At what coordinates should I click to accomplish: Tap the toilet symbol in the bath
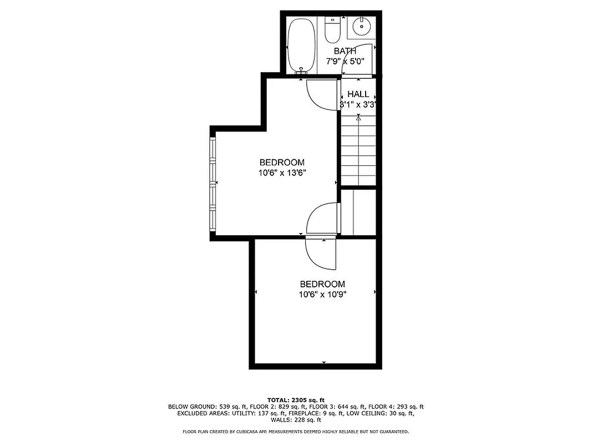click(332, 31)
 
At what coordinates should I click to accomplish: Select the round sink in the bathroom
click(362, 26)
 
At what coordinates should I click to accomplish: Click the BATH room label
click(345, 52)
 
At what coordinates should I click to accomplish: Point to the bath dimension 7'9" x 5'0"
click(345, 62)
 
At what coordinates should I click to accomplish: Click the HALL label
click(358, 94)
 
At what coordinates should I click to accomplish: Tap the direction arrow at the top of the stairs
click(358, 118)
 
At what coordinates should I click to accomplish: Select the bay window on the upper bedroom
click(212, 184)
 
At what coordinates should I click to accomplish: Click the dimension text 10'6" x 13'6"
click(282, 173)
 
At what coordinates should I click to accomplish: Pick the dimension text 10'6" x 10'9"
click(322, 294)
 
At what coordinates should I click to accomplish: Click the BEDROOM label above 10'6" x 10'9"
click(322, 284)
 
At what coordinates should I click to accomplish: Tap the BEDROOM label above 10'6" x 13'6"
click(282, 162)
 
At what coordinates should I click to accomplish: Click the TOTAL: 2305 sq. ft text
click(296, 400)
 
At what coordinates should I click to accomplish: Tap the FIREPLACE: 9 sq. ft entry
click(315, 413)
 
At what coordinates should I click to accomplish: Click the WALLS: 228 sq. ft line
click(296, 420)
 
